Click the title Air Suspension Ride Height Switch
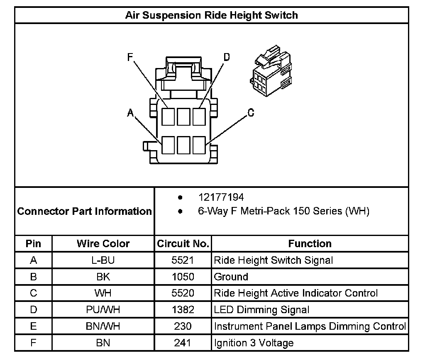211,15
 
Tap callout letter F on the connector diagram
130,57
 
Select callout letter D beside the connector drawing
227,57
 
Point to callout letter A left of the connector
131,112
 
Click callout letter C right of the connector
251,112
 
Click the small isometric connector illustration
271,71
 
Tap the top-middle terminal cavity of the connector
183,117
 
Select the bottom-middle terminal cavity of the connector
183,145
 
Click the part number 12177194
221,197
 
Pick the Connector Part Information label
84,211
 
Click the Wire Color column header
103,243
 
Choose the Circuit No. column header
183,243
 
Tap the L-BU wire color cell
103,260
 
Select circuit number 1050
183,277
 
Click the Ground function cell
231,277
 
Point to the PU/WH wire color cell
103,309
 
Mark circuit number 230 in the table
183,326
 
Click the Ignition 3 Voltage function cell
254,343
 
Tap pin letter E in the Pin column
33,326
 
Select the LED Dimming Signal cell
261,310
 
